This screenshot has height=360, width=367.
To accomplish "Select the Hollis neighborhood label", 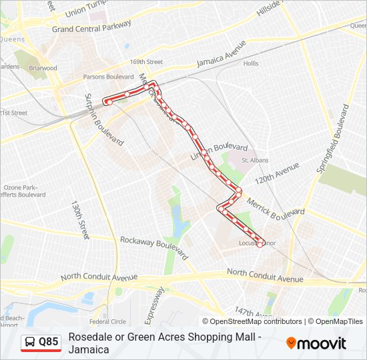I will [251, 64].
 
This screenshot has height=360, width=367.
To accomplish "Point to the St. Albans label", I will [254, 160].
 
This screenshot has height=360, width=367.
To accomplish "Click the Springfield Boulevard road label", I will [333, 141].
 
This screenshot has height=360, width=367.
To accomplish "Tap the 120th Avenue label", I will [277, 175].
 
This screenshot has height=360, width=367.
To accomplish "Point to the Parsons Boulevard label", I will [109, 75].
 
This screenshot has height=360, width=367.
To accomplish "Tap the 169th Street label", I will [146, 62].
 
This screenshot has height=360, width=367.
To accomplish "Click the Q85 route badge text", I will [48, 342].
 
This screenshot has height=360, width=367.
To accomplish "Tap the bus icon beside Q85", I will [31, 342].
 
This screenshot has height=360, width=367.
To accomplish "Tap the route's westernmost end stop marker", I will [105, 101].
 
